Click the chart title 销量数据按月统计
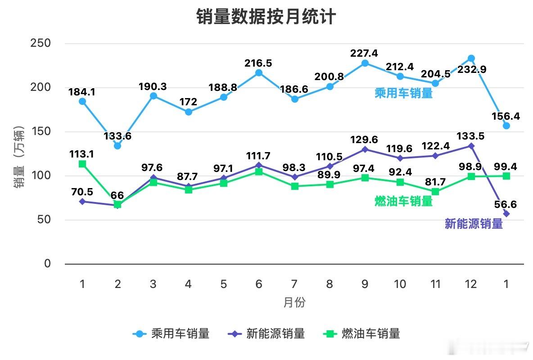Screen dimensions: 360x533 [266, 17]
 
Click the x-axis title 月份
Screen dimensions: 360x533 [294, 302]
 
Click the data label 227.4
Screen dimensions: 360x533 [364, 54]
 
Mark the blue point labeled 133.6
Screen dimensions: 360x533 [117, 146]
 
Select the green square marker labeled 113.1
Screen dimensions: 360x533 [82, 164]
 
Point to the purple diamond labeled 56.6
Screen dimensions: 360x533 [506, 214]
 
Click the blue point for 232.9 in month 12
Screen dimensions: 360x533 [471, 58]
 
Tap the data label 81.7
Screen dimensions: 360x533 [435, 182]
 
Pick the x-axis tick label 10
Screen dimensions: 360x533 [400, 284]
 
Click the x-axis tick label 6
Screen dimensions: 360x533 [259, 284]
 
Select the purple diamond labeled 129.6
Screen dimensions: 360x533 [365, 149]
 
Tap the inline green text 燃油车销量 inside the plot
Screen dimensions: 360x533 [403, 201]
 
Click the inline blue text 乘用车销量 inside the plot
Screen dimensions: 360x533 [403, 93]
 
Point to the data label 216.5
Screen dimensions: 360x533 [258, 63]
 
